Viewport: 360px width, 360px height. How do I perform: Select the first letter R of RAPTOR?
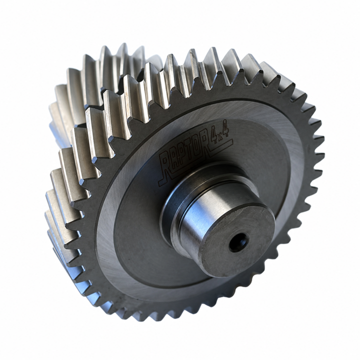tap(165, 166)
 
